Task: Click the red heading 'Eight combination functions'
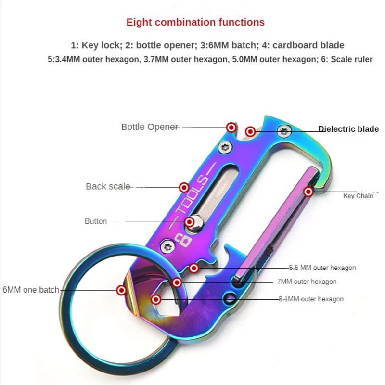click(x=195, y=22)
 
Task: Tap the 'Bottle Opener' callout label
click(x=150, y=127)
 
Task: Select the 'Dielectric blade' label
click(x=348, y=129)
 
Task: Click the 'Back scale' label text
click(x=108, y=186)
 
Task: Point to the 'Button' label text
click(x=96, y=221)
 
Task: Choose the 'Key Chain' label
click(x=358, y=196)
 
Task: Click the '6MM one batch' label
click(x=31, y=290)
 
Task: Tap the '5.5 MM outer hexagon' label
click(x=322, y=268)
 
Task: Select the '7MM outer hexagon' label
click(x=307, y=282)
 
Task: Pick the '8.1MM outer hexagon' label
click(x=311, y=299)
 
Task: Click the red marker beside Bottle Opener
click(x=231, y=128)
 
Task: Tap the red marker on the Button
click(x=190, y=222)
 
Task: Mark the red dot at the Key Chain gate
click(x=308, y=192)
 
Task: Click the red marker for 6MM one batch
click(x=122, y=290)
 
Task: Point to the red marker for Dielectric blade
click(x=250, y=131)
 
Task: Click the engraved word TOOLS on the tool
click(x=192, y=195)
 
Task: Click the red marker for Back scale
click(x=184, y=187)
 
